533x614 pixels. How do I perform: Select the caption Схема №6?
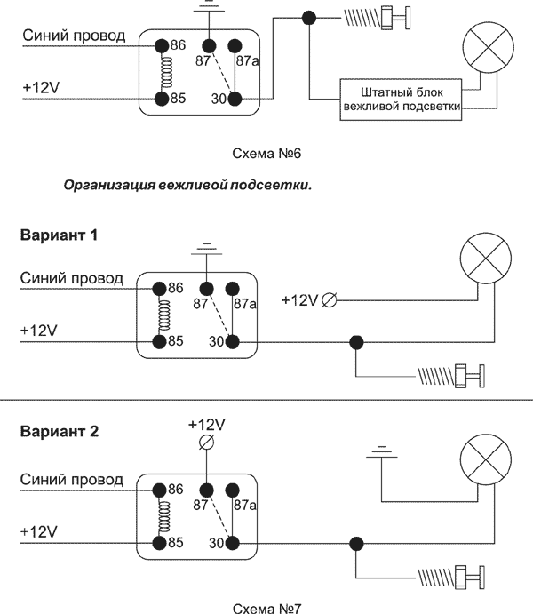(x=267, y=153)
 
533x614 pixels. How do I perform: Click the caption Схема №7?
(x=267, y=608)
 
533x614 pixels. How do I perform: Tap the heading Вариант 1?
(x=58, y=236)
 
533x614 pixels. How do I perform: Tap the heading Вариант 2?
(x=58, y=433)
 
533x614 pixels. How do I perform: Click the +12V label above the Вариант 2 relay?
(x=207, y=423)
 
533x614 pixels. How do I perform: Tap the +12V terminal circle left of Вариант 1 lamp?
(x=329, y=300)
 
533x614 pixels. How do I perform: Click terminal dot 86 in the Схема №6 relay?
(x=162, y=44)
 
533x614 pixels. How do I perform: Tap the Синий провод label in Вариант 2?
(x=71, y=480)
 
